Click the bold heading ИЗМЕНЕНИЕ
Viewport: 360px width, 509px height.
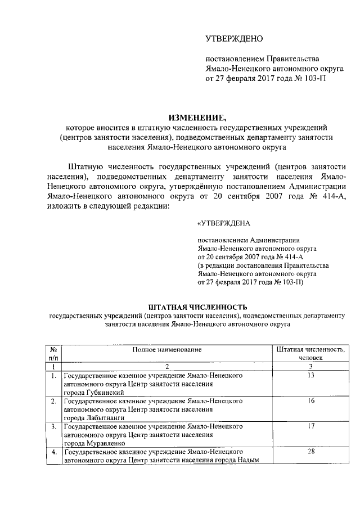tap(197, 118)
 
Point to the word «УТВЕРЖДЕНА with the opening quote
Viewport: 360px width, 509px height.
tap(223, 223)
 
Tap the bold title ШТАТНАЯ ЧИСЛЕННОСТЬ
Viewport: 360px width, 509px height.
tap(197, 307)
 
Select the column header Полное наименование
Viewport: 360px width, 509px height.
tap(166, 349)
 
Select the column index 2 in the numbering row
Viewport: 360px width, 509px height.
tap(166, 366)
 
